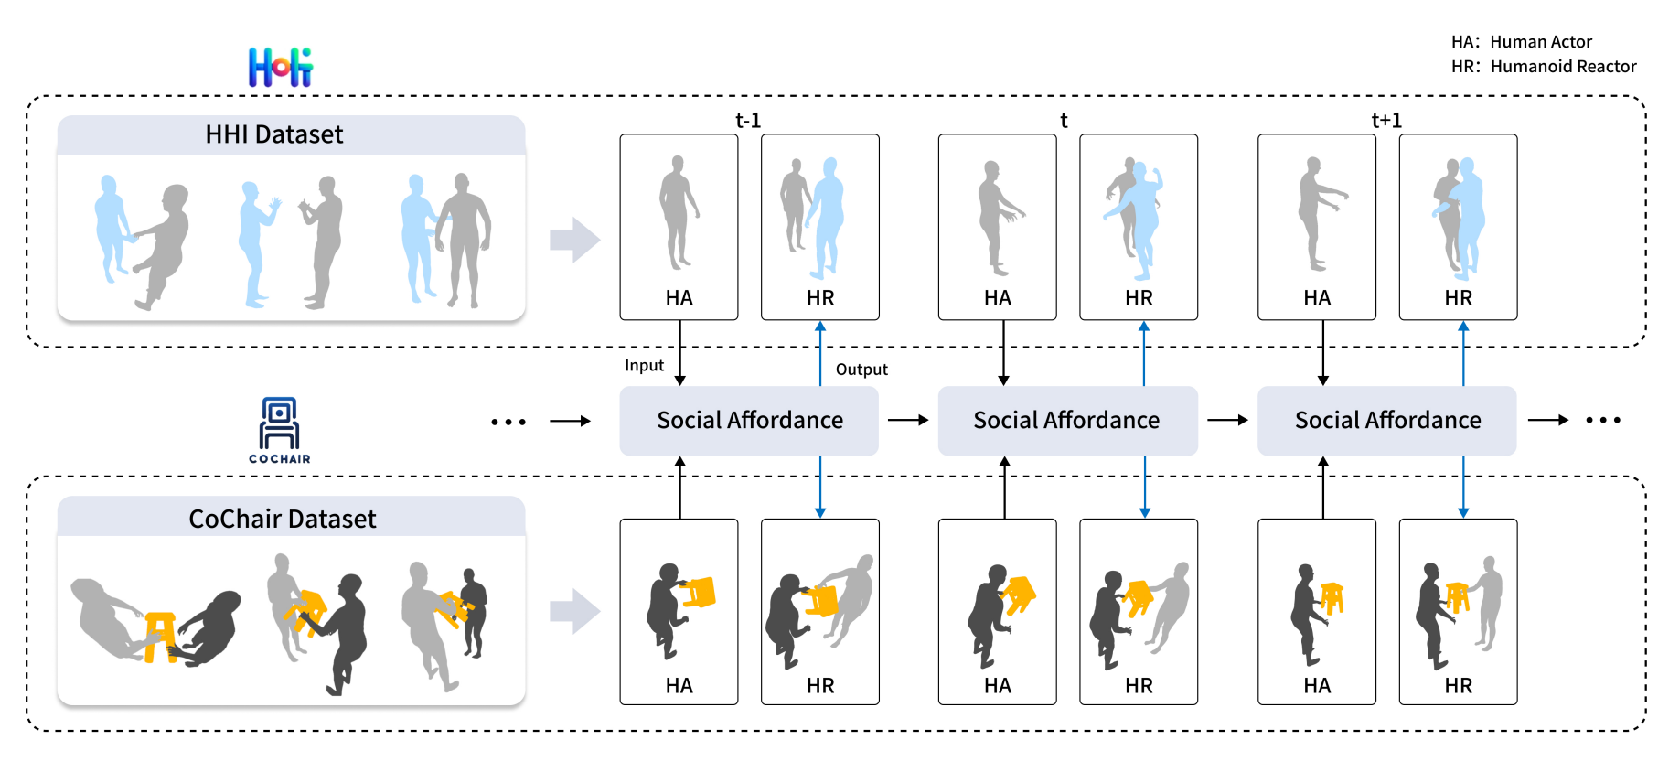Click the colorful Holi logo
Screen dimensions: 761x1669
coord(281,68)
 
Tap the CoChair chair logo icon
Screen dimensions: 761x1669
coord(280,424)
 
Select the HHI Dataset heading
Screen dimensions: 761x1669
coord(274,135)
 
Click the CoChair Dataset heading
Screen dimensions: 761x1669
coord(283,520)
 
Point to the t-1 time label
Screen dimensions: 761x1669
coord(748,121)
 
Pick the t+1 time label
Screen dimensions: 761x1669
coord(1386,121)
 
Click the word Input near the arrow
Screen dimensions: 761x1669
coord(644,366)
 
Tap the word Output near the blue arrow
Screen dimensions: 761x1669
coord(861,370)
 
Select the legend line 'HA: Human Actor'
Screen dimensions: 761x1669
coord(1522,42)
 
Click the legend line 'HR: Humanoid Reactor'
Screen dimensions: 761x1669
coord(1544,67)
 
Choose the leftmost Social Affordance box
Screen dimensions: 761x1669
coord(749,421)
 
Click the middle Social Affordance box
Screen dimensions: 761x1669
coord(1067,421)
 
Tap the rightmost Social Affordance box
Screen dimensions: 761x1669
coord(1386,421)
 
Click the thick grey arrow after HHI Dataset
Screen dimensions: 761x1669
coord(574,240)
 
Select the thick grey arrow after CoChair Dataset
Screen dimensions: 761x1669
coord(574,611)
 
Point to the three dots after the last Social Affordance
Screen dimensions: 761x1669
coord(1603,421)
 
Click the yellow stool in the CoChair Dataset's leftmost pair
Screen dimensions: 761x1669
coord(161,635)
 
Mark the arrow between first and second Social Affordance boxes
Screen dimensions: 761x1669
coord(908,421)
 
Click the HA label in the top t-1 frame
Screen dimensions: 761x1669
coord(679,298)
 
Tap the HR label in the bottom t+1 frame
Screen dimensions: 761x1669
coord(1458,686)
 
